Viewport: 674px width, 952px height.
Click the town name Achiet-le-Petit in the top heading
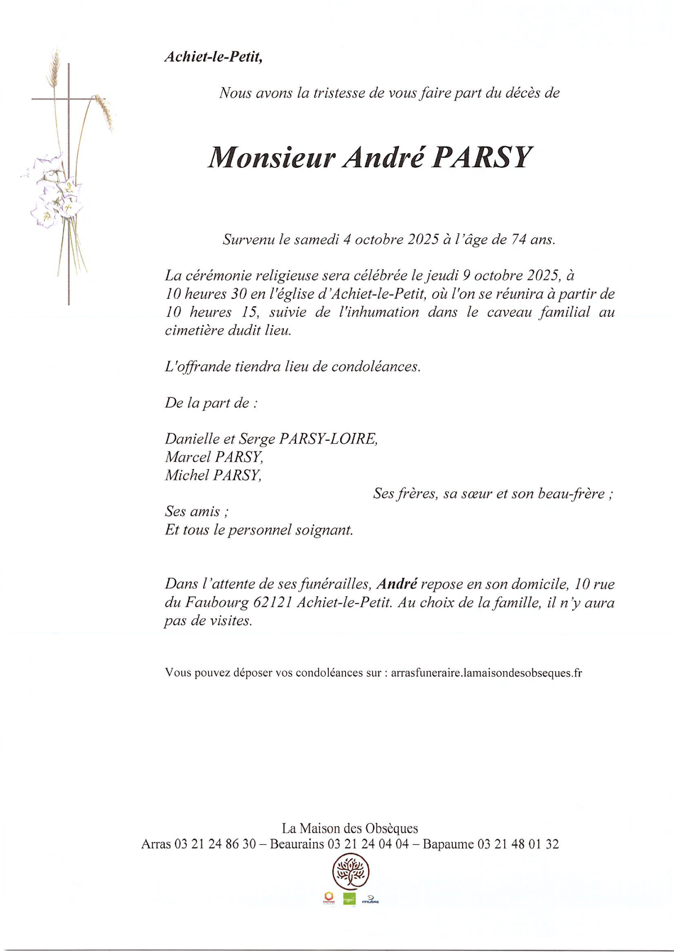[213, 57]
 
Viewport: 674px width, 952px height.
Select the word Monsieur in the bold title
[272, 158]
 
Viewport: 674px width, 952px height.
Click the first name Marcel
[187, 456]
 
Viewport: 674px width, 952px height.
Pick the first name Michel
[186, 475]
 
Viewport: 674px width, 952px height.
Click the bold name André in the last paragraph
[397, 584]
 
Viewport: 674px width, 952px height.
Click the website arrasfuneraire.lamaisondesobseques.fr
[486, 673]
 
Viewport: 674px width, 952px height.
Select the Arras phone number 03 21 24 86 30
[215, 844]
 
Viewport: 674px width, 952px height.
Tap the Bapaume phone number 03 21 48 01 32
[518, 844]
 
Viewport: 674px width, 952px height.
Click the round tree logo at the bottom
[350, 871]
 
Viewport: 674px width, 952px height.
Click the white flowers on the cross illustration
[54, 191]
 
